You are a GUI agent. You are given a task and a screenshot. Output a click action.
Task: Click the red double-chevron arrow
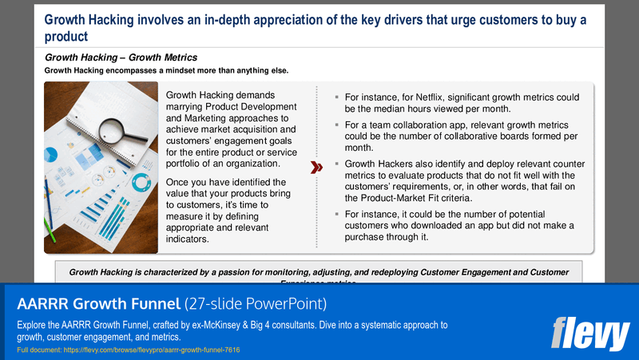coord(316,168)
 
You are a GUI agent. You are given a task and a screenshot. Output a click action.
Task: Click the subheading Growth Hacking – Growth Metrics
coord(121,57)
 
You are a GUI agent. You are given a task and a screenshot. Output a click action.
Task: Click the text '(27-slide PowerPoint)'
coord(254,304)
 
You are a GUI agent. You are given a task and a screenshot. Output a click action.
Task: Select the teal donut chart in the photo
coord(141,182)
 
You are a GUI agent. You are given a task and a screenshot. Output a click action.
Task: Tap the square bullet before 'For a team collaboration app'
coord(337,125)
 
